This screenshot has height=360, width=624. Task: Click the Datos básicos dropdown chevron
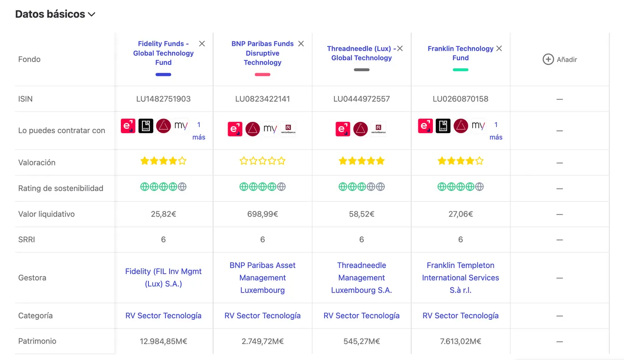92,15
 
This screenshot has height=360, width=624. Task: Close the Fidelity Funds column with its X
202,44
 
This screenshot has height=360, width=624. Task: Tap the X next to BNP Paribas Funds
301,44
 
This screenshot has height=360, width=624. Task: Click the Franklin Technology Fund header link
461,53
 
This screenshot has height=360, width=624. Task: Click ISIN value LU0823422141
262,99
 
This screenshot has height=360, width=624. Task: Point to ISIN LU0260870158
461,99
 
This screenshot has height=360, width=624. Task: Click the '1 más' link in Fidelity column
199,131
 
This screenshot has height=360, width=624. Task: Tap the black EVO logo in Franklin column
443,126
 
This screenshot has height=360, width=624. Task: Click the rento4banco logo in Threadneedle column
378,129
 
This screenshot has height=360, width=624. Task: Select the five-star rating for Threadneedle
361,161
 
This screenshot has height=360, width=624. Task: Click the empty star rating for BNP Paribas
262,161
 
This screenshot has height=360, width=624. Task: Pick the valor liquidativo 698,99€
262,214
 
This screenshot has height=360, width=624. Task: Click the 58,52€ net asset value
361,214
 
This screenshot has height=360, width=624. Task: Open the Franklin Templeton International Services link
461,277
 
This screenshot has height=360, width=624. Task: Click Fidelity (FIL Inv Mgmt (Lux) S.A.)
163,277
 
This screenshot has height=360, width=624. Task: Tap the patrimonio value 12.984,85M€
163,341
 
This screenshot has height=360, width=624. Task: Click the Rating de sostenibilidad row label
60,188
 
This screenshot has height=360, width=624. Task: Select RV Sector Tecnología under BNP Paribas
262,316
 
